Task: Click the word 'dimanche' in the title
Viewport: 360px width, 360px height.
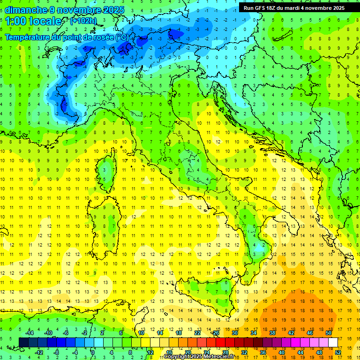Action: (x=24, y=9)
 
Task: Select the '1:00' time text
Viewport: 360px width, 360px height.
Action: (x=16, y=21)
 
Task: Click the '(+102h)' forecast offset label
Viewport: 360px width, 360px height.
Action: (x=83, y=21)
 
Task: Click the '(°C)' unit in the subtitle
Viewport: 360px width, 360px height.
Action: (x=121, y=37)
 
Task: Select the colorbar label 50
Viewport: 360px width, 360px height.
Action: (x=328, y=332)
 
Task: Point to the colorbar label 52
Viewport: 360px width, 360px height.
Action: (x=338, y=352)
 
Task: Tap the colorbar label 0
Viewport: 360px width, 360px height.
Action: (x=93, y=352)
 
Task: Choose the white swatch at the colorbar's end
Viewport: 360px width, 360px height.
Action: (x=333, y=342)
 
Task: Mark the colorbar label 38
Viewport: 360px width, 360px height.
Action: (x=272, y=332)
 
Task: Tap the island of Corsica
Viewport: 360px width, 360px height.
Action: (x=109, y=170)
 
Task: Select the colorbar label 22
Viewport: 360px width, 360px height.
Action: (x=197, y=332)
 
